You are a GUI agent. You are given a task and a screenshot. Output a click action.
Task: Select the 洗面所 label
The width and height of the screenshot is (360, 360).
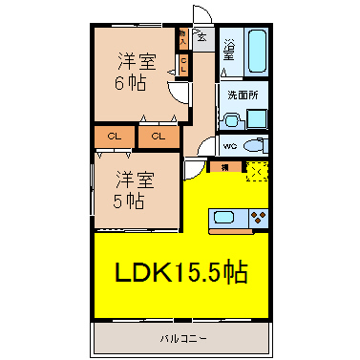(x=244, y=95)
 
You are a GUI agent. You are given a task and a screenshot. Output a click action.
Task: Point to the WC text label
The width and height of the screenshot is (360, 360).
(x=230, y=146)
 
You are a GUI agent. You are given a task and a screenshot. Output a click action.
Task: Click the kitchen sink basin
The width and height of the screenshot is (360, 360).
(x=226, y=216)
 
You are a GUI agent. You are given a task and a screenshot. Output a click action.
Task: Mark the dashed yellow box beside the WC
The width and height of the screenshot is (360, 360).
(x=256, y=170)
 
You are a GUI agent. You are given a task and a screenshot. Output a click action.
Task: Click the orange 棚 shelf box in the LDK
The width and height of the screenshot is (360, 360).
(x=224, y=169)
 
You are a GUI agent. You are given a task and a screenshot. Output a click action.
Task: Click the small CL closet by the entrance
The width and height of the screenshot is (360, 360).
(x=183, y=65)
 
